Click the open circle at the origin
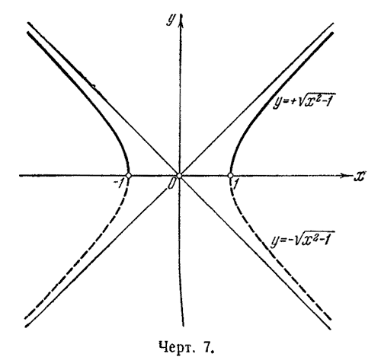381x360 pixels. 179,176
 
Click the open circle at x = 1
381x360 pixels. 230,175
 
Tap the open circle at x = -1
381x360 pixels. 129,175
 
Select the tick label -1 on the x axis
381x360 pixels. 119,183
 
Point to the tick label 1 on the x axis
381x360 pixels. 235,184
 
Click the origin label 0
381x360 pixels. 171,183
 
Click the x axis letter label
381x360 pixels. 360,176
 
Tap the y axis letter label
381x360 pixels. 171,20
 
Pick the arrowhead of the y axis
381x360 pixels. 181,19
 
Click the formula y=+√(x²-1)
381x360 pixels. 301,100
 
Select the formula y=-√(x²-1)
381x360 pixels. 303,239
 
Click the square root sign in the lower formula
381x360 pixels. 296,239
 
